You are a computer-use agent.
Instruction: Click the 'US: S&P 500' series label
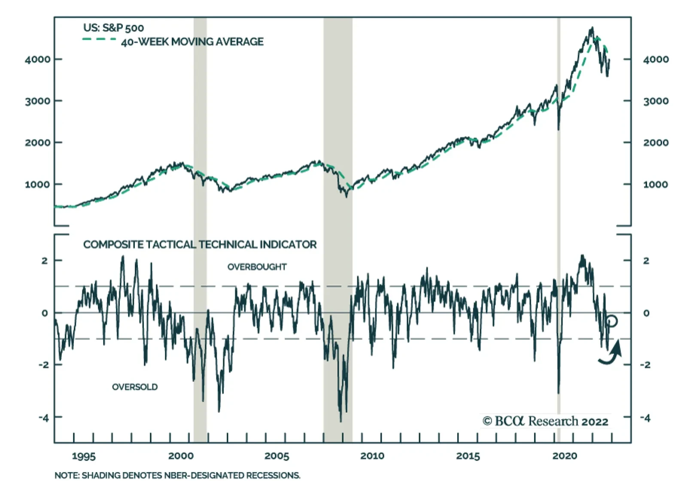click(113, 28)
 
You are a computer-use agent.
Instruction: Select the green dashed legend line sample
click(99, 39)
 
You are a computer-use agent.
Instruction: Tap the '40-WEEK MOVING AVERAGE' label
click(192, 42)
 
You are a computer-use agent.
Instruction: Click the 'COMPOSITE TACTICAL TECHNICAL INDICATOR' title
click(200, 245)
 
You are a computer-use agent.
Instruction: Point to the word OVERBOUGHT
click(257, 267)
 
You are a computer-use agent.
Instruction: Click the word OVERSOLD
click(135, 387)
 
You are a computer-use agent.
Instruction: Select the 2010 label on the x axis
click(372, 456)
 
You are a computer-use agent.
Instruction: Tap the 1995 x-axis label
click(84, 456)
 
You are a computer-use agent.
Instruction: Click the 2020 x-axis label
click(565, 456)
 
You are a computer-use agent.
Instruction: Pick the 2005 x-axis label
click(277, 456)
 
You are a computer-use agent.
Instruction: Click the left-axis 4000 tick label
click(37, 59)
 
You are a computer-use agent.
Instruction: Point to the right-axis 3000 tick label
click(656, 101)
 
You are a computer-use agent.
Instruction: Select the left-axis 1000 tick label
click(37, 185)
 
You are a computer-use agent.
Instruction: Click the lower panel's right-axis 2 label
click(646, 261)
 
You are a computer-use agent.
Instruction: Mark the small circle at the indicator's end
click(612, 321)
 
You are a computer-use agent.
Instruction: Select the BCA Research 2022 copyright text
click(545, 421)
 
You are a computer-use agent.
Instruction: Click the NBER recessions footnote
click(177, 476)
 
